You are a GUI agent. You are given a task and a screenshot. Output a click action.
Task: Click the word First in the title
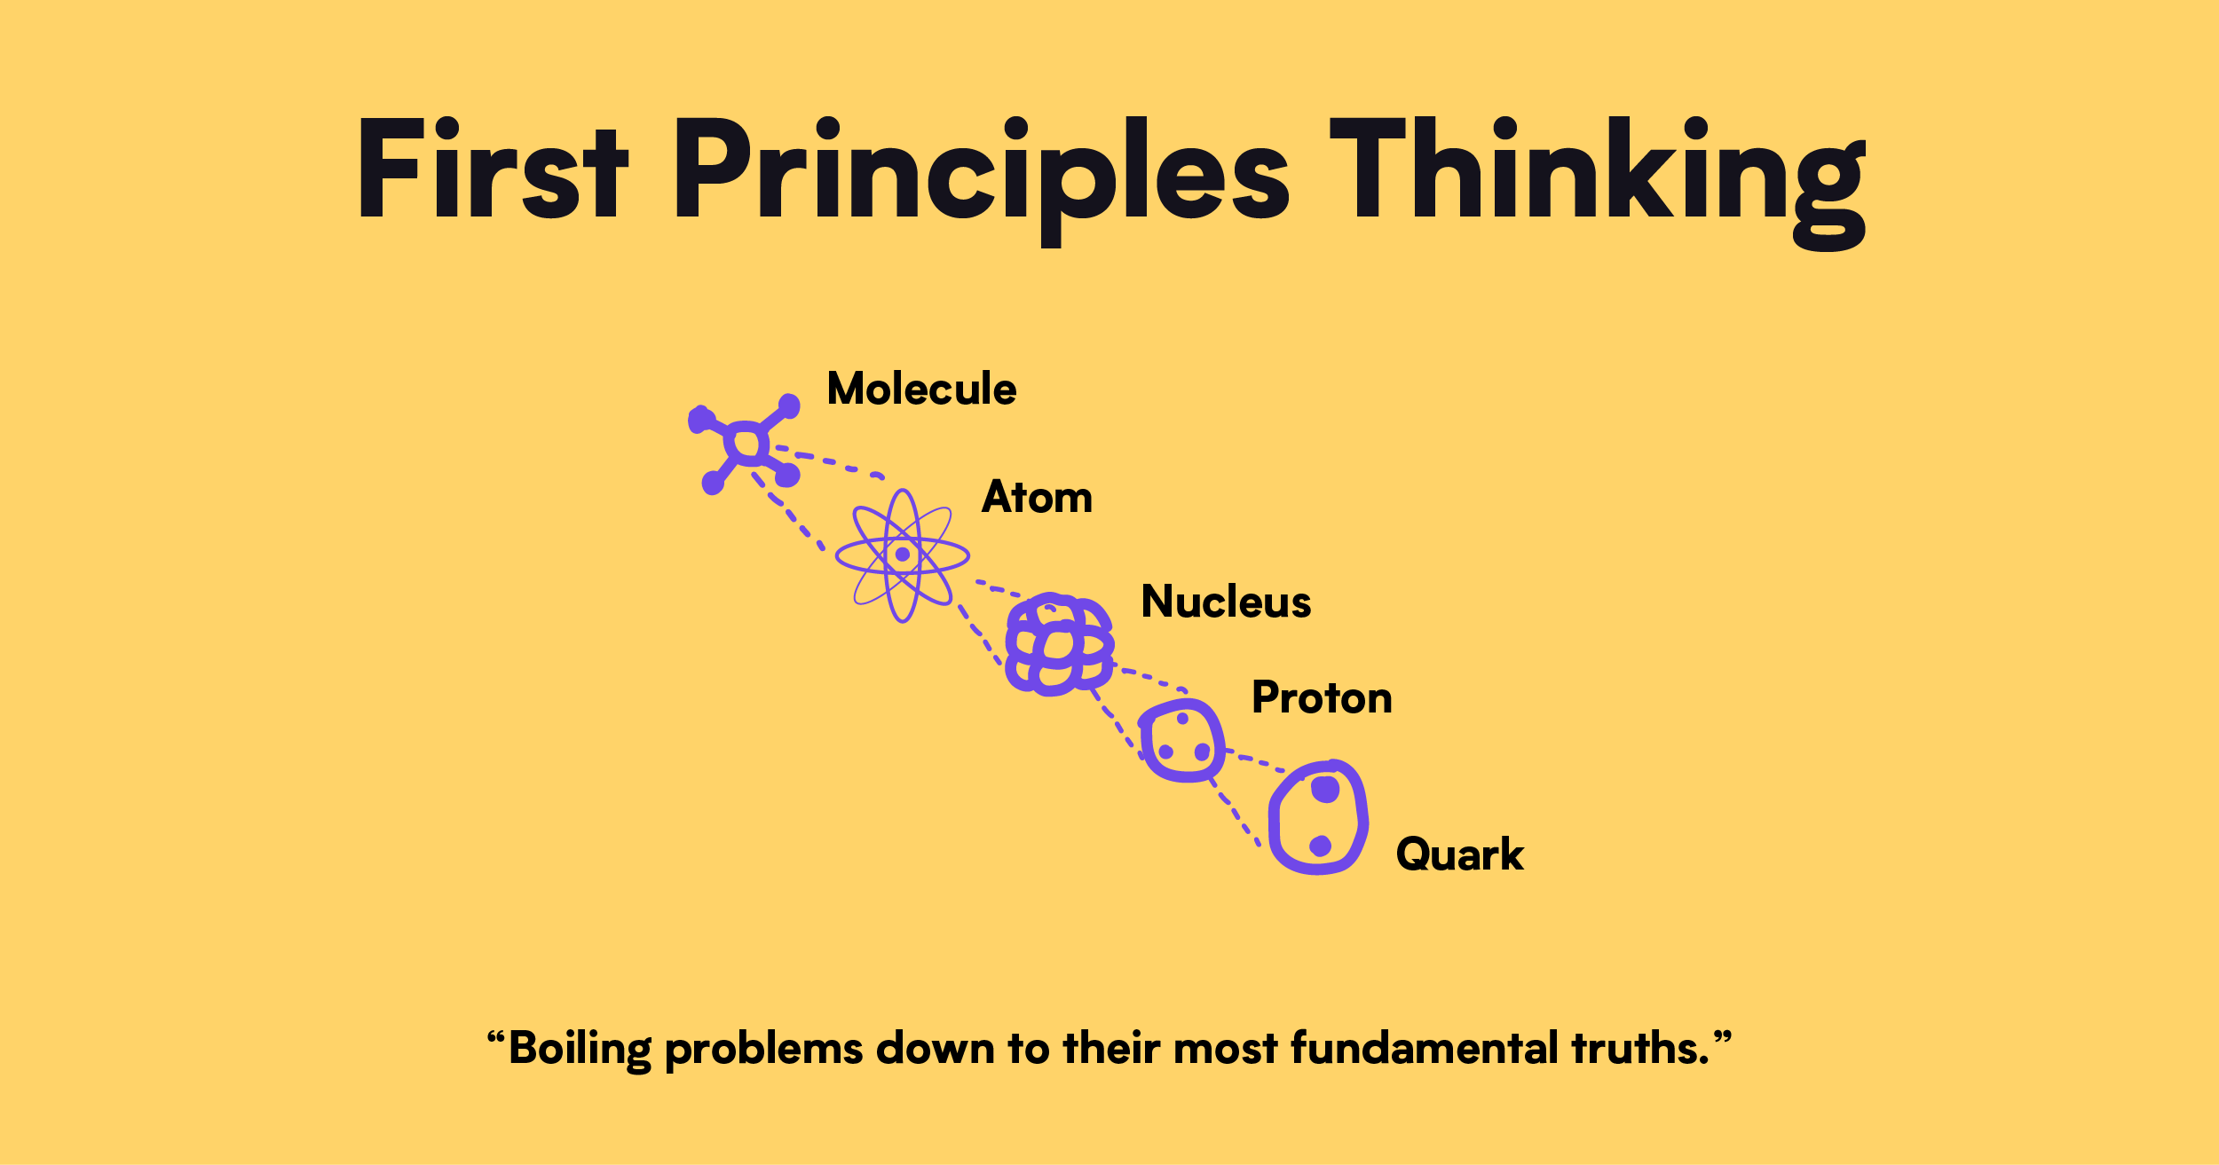pos(493,168)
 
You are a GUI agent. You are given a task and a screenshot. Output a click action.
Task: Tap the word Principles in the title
pos(982,180)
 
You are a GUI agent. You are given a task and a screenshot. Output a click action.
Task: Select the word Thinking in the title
pos(1598,182)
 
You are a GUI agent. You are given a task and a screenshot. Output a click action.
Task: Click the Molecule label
pos(921,389)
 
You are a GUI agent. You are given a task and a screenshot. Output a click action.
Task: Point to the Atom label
pos(1037,497)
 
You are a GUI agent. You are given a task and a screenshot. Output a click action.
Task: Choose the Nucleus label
pos(1226,602)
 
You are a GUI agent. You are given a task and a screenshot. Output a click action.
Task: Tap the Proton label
pos(1322,697)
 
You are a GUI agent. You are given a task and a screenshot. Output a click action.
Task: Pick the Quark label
pos(1459,854)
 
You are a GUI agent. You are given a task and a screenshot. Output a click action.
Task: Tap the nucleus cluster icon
pos(1059,644)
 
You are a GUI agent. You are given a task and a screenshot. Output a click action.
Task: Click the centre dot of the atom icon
pos(903,555)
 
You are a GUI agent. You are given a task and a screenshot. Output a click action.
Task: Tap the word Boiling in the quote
pos(580,1050)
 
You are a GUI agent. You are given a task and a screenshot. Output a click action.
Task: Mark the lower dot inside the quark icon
pos(1320,846)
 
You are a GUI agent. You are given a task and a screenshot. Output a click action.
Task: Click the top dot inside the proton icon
pos(1182,719)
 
